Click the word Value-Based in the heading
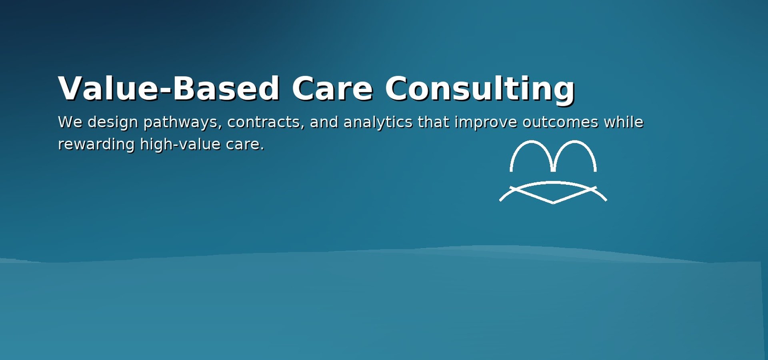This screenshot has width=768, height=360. pos(168,88)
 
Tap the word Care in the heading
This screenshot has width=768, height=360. pos(332,88)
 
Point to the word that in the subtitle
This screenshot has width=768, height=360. pos(434,122)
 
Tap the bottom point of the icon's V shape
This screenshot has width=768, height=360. pos(553,203)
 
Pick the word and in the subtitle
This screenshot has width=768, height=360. pos(324,122)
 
